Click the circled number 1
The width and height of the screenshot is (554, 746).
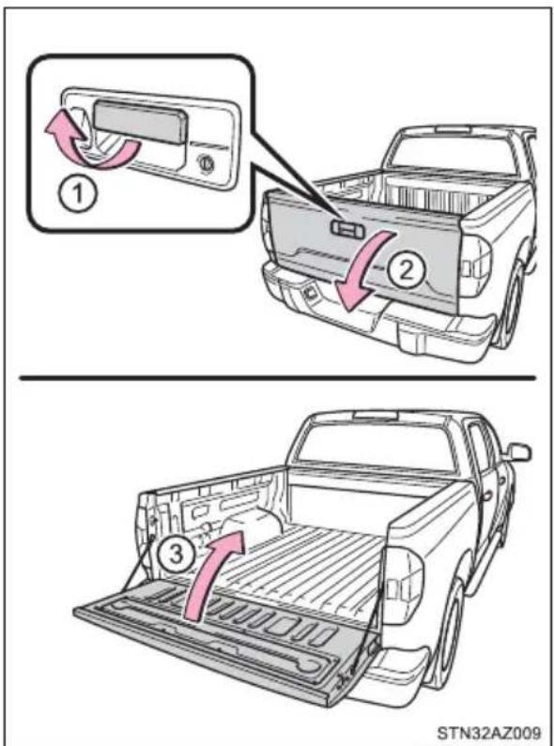point(78,194)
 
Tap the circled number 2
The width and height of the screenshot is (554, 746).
point(406,272)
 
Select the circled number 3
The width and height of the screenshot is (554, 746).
point(177,555)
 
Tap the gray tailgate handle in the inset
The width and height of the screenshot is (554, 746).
point(139,122)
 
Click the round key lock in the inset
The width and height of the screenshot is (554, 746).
point(206,162)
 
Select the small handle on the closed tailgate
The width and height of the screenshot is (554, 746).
point(348,228)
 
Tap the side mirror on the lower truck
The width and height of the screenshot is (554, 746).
point(519,451)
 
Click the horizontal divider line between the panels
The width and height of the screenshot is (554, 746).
point(278,378)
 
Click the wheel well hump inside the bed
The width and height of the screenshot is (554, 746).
point(254,525)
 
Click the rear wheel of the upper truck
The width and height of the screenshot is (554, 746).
point(513,304)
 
